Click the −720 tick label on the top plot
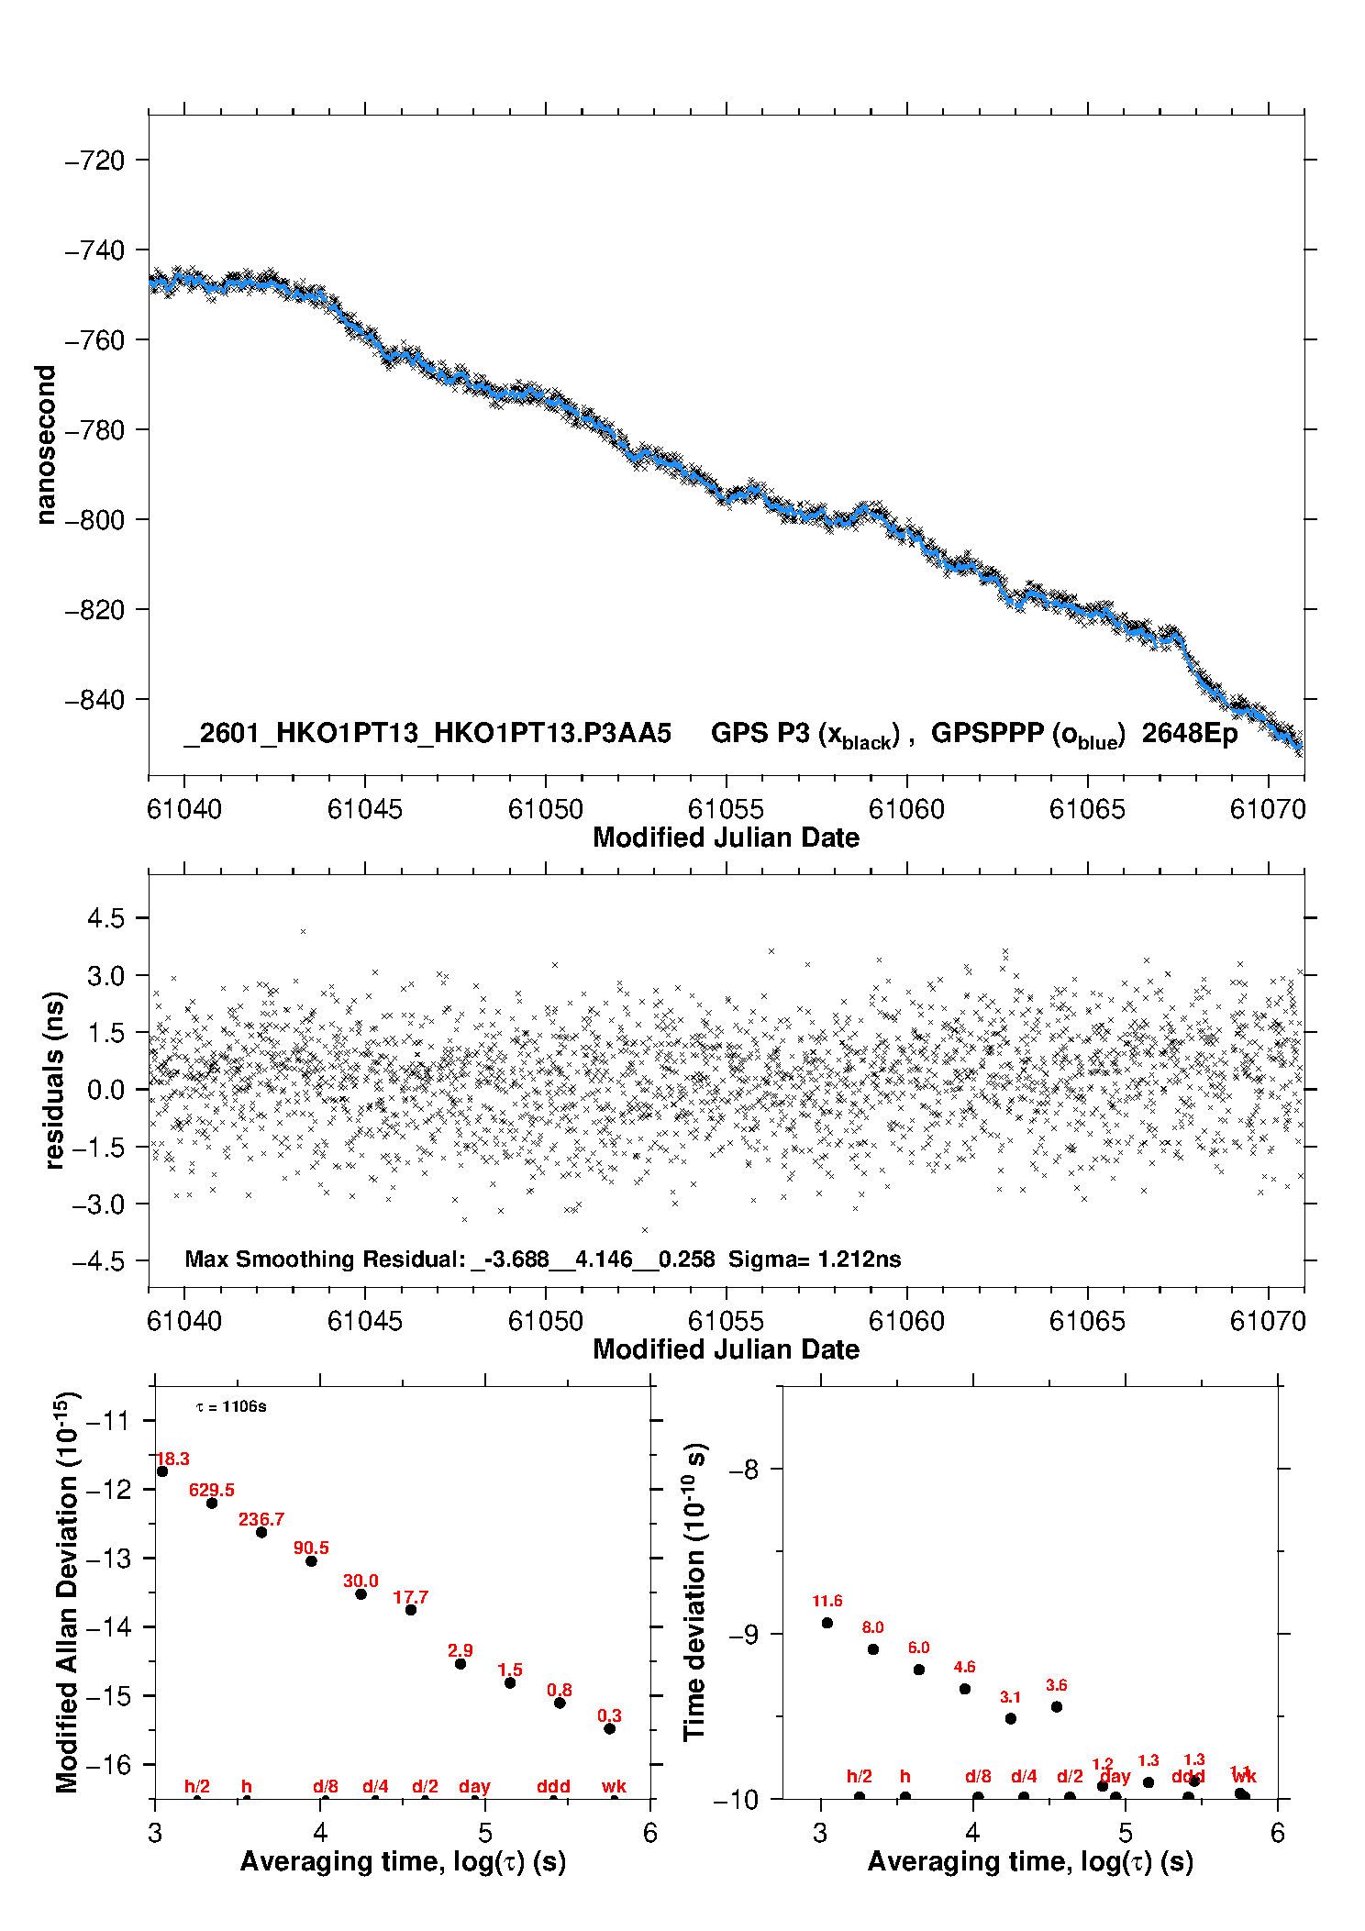point(94,161)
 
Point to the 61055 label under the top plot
point(726,809)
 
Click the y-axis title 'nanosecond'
point(46,445)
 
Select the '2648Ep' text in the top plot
point(1190,734)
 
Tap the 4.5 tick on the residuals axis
point(105,918)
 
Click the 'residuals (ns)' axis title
point(55,1080)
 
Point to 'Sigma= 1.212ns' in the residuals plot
point(815,1260)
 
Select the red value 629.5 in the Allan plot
point(212,1490)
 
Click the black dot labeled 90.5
point(311,1561)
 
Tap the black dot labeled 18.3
point(162,1471)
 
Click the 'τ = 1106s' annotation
point(231,1407)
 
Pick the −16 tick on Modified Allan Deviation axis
point(107,1764)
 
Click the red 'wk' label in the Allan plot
point(614,1787)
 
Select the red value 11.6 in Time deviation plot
point(827,1601)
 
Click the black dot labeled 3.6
point(1057,1707)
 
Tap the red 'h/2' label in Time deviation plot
point(859,1777)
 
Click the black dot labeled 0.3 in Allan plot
point(609,1729)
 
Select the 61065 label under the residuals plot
point(1087,1321)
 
